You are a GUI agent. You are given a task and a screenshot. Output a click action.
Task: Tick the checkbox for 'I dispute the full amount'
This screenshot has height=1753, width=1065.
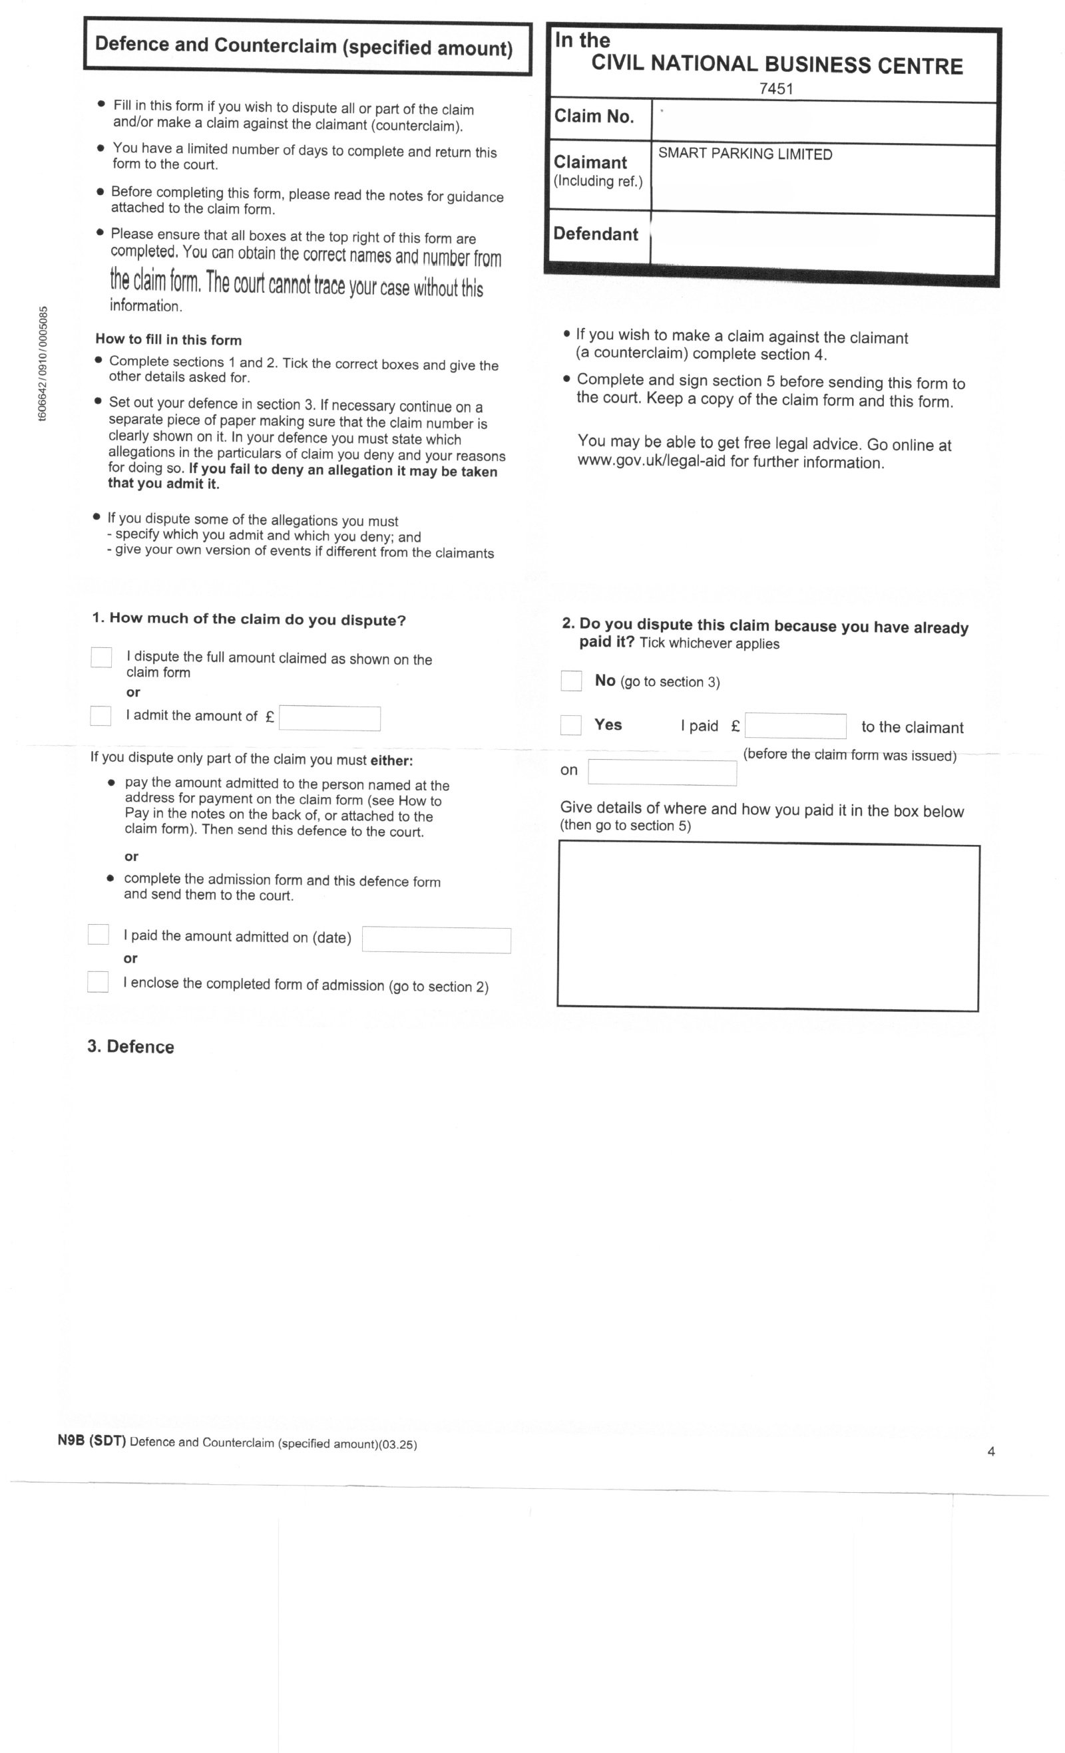point(101,657)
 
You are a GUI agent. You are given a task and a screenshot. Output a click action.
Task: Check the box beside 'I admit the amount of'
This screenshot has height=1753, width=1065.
point(101,715)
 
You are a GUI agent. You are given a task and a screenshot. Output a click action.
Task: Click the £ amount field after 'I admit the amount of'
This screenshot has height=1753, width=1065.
point(329,718)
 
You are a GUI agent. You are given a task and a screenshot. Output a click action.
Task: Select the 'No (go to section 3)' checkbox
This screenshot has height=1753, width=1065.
point(571,681)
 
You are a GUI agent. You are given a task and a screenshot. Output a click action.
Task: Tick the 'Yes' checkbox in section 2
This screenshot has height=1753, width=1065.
point(571,724)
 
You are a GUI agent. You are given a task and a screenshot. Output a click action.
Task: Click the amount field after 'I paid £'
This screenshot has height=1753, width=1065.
point(795,726)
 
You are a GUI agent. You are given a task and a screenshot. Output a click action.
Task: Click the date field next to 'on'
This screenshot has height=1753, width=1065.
point(662,772)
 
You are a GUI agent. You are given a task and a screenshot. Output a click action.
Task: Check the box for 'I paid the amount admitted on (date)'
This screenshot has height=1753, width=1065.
point(99,934)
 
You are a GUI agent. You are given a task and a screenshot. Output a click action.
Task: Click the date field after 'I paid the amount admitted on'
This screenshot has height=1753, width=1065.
point(437,940)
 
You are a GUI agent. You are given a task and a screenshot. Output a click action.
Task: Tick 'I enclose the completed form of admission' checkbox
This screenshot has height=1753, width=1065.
point(98,982)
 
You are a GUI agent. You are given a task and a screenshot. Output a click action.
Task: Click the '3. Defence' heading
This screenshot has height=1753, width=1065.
point(130,1046)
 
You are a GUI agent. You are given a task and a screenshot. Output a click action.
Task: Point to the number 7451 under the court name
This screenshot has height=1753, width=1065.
point(776,89)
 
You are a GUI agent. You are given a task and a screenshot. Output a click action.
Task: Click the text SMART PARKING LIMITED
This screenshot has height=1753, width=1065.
point(745,154)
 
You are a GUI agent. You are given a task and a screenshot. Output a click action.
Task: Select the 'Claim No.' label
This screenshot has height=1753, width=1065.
point(594,116)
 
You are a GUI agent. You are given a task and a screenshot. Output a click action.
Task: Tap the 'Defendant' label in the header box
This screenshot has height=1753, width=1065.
point(596,234)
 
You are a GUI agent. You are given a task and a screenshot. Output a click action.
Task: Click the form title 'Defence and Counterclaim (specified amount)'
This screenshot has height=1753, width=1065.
point(304,47)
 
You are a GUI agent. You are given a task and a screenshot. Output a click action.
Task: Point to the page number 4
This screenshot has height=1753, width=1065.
point(991,1452)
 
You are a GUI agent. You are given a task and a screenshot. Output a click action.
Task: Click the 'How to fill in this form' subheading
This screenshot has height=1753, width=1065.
point(168,339)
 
